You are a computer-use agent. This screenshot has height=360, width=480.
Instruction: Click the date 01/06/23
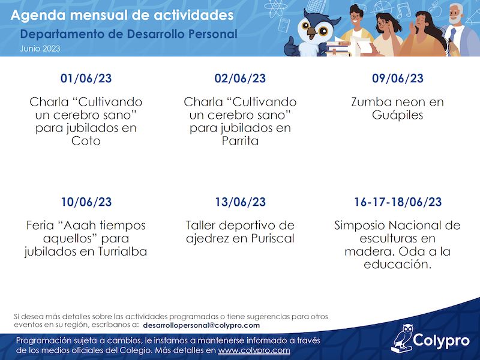(86, 79)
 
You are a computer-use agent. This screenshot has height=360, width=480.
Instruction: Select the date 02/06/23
(240, 79)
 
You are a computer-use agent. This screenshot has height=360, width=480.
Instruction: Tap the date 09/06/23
(398, 79)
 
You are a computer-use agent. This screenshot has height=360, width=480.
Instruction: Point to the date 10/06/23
(86, 202)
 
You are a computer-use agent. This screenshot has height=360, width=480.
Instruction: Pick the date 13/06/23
(241, 202)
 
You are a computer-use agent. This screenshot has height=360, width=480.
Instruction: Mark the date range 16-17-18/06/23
(398, 202)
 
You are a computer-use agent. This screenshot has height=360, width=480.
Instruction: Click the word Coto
(86, 141)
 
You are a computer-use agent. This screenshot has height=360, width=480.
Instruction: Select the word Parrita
(241, 141)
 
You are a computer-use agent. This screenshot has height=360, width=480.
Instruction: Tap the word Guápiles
(398, 115)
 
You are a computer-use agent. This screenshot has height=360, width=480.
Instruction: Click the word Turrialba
(123, 251)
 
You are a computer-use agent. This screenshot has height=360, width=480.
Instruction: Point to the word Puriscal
(273, 238)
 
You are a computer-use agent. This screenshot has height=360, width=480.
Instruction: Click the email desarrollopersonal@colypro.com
(201, 325)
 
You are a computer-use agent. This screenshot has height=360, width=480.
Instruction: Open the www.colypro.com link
(254, 350)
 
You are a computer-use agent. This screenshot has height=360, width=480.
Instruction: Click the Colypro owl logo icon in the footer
(402, 338)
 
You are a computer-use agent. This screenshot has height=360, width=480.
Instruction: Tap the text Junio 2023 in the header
(40, 49)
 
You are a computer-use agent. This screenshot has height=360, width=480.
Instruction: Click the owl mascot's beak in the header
(312, 32)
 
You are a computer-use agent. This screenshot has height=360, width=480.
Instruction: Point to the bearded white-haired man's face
(455, 14)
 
